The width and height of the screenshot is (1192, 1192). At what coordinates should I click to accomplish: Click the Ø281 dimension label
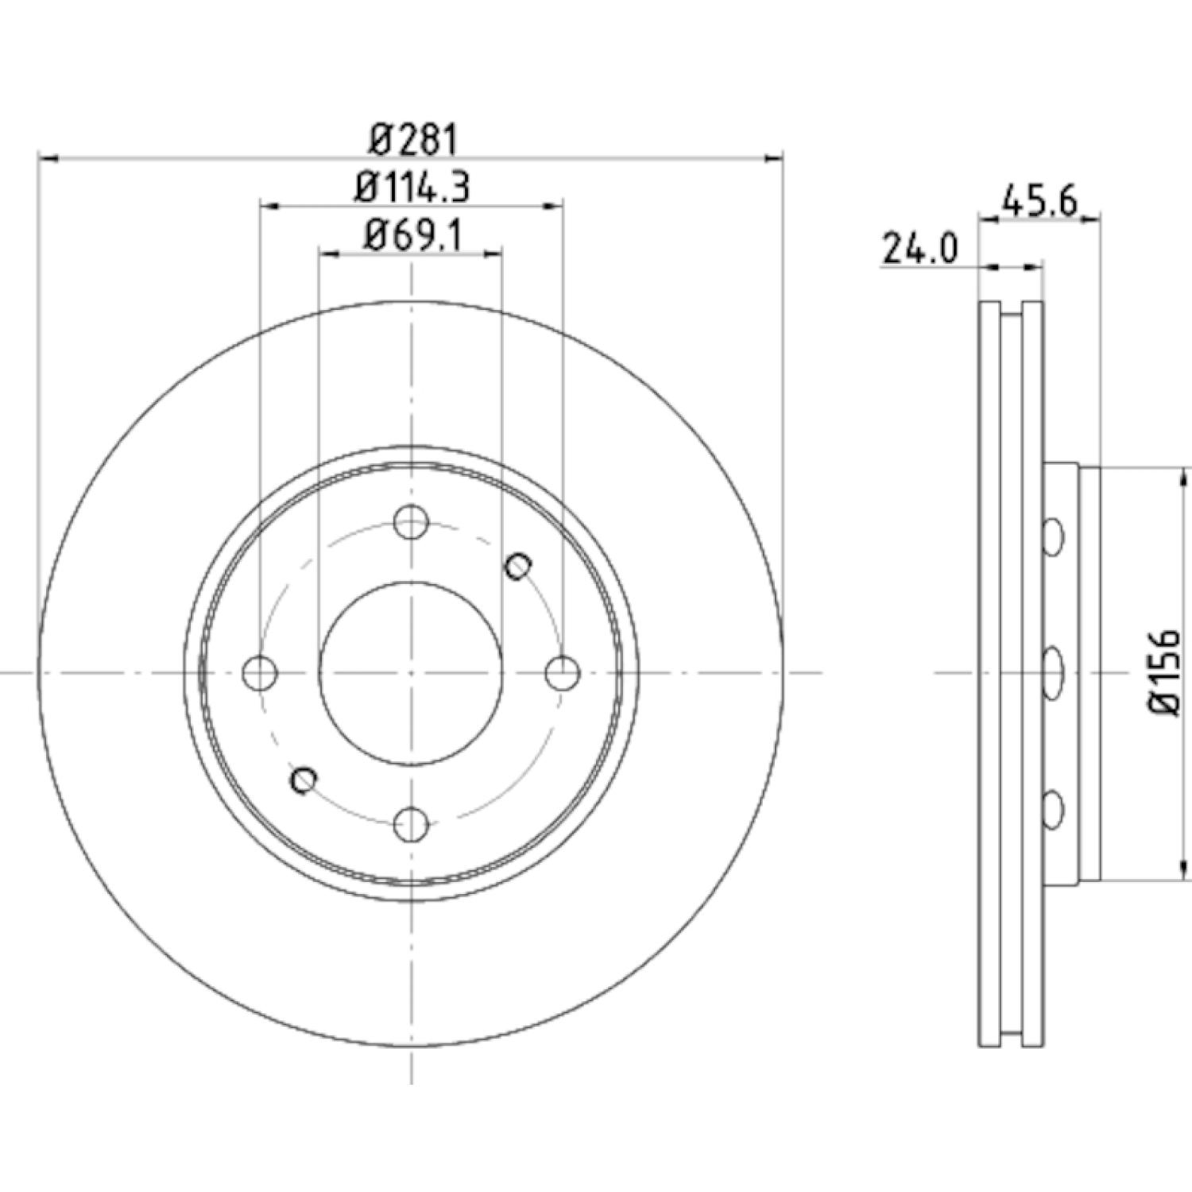pyautogui.click(x=413, y=141)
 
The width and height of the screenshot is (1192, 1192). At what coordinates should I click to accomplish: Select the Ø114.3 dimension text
pyautogui.click(x=412, y=188)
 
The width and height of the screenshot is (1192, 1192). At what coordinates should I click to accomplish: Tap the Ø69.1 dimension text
pyautogui.click(x=412, y=235)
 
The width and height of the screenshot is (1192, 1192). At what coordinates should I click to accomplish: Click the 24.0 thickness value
pyautogui.click(x=920, y=249)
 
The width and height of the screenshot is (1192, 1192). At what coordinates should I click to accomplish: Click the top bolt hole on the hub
pyautogui.click(x=412, y=522)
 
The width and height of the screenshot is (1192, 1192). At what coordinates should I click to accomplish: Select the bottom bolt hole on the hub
pyautogui.click(x=412, y=824)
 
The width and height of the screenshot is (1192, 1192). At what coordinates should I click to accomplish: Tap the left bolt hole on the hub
pyautogui.click(x=260, y=673)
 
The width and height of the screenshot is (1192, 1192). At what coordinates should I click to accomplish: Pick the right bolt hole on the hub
pyautogui.click(x=563, y=673)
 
